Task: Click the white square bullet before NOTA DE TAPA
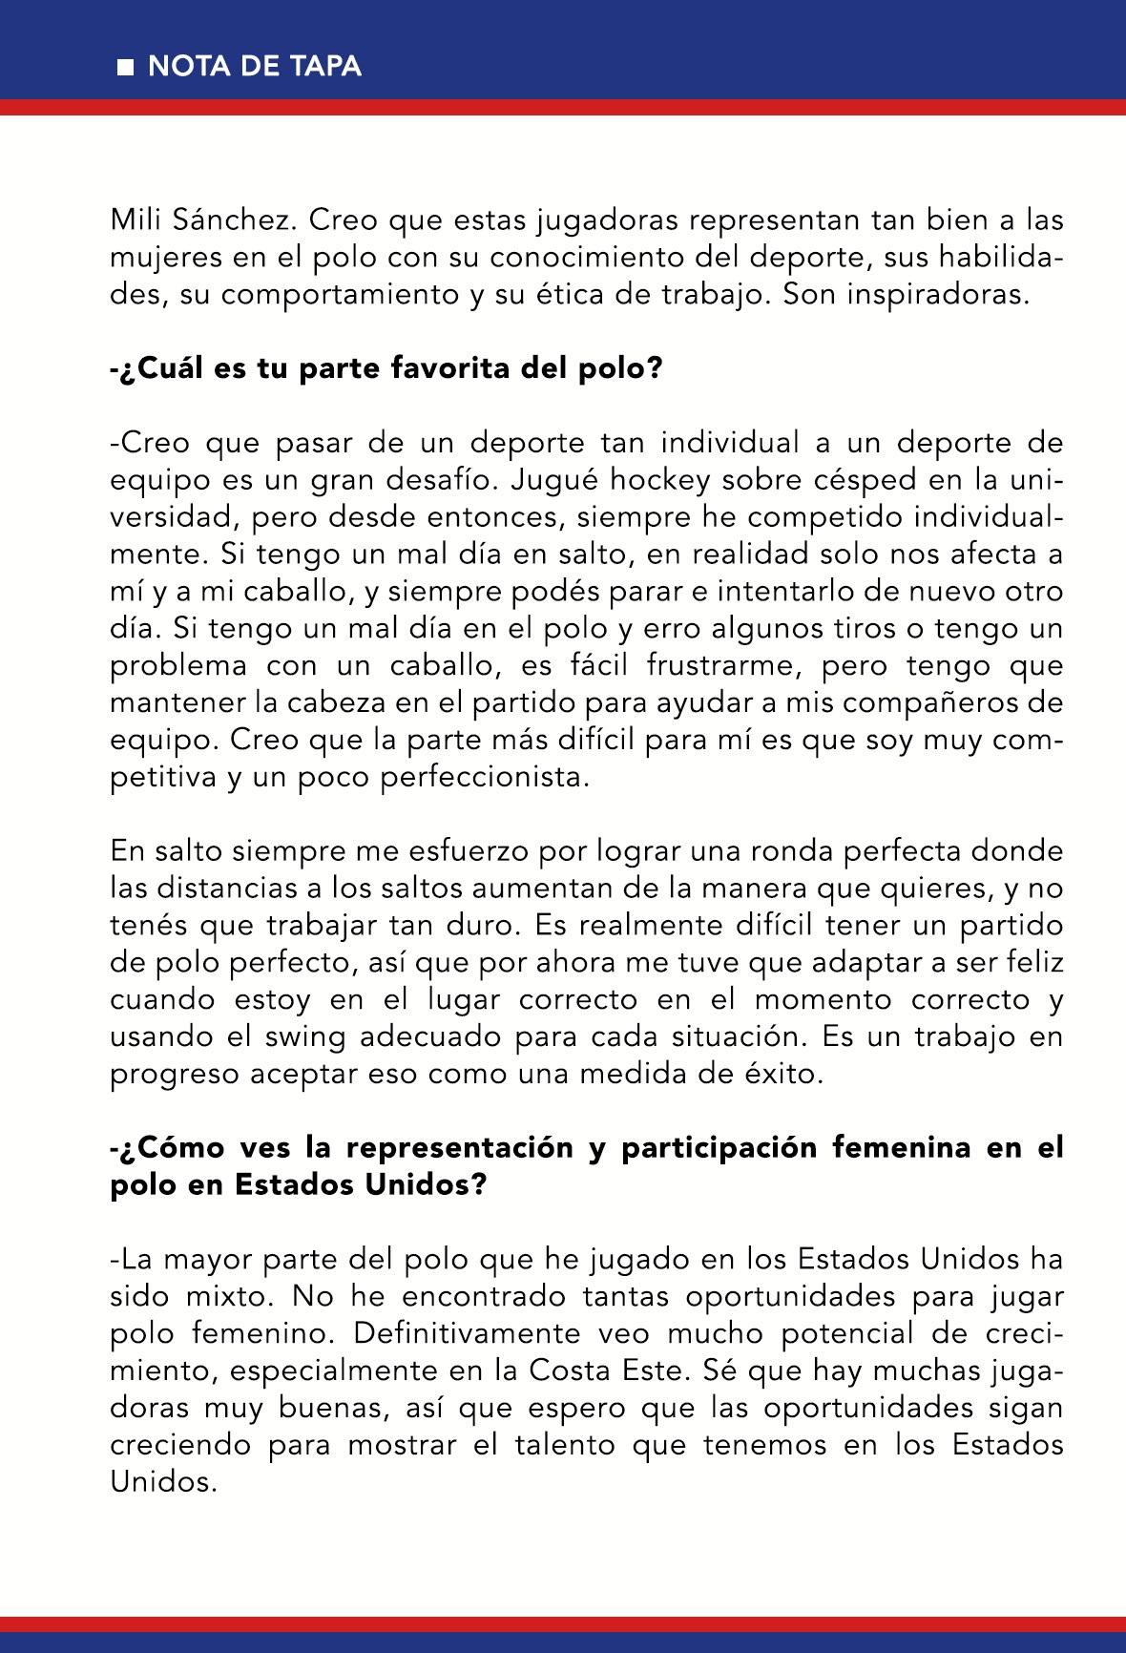point(124,68)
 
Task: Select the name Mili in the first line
point(135,220)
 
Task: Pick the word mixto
point(229,1297)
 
